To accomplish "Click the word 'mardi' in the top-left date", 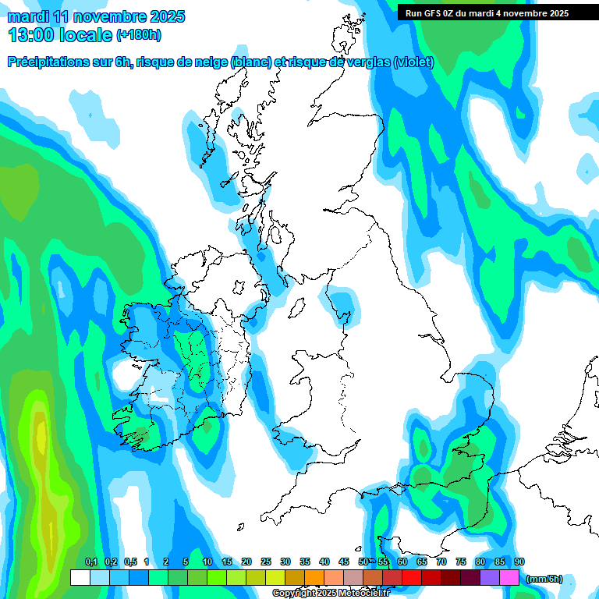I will (x=27, y=16).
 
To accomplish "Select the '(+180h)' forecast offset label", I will (x=138, y=34).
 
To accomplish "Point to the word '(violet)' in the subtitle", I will (x=413, y=62).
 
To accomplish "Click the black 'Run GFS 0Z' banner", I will (x=487, y=13).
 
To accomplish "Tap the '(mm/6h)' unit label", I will (x=544, y=579).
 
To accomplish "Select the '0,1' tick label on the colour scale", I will (x=91, y=562).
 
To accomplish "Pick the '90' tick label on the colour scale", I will (x=519, y=562).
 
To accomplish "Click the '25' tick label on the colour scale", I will (x=266, y=562).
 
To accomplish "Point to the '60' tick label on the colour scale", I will (x=402, y=562).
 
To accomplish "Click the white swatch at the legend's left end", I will (x=80, y=578).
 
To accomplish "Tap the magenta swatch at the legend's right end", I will (x=509, y=578).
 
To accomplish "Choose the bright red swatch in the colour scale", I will (x=412, y=578).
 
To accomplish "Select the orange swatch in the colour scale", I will (x=314, y=578).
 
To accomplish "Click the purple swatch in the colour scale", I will (x=490, y=578).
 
